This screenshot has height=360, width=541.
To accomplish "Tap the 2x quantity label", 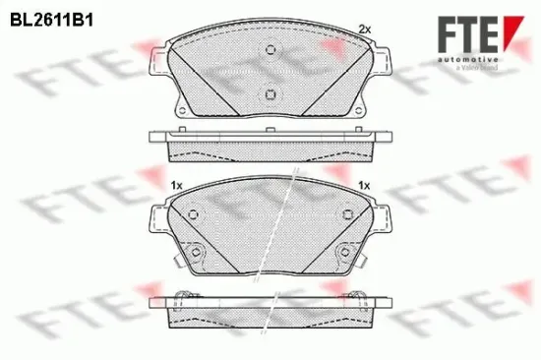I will tap(365, 30).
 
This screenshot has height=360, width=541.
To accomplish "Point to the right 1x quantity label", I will tap(364, 186).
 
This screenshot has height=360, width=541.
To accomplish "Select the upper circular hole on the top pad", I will tap(269, 56).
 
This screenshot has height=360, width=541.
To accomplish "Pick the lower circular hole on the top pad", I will tap(269, 93).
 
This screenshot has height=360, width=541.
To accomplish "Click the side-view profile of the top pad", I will tap(269, 145).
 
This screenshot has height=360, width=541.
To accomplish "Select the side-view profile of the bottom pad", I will tap(269, 313).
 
